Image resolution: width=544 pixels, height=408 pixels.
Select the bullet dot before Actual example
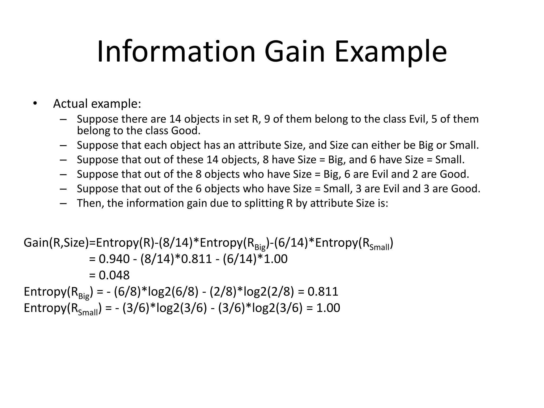pos(35,104)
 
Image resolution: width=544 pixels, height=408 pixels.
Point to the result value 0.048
pos(114,275)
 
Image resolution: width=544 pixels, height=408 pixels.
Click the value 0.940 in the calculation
pos(114,259)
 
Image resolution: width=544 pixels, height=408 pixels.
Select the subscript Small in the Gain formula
pos(379,248)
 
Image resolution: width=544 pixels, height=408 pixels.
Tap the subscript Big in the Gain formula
pos(260,248)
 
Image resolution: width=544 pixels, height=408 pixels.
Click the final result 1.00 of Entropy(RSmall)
pos(328,308)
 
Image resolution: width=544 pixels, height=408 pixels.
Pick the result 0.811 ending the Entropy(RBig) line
pos(323,292)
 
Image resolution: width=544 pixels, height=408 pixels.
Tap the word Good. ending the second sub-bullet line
pos(186,131)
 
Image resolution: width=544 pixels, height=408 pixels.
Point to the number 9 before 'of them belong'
pos(267,119)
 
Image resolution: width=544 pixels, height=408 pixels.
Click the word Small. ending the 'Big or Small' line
pos(464,145)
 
